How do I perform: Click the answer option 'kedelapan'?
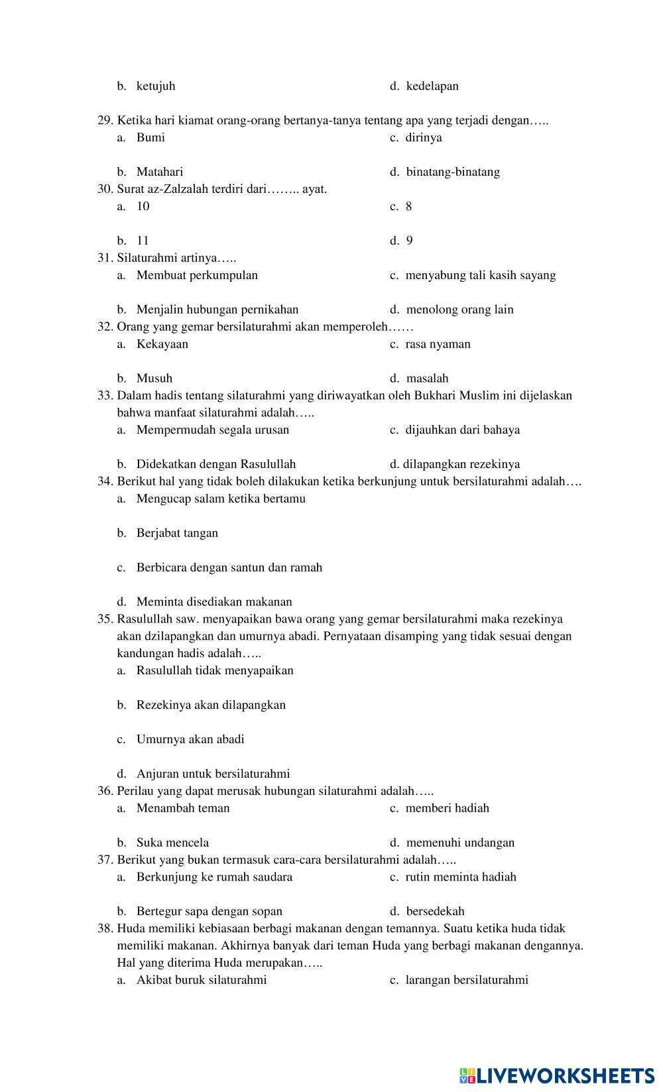[x=432, y=86]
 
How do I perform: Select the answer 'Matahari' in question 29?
[x=159, y=172]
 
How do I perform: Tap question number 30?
[x=105, y=189]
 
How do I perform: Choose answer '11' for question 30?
[x=143, y=241]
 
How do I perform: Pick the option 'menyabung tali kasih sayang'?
[x=480, y=275]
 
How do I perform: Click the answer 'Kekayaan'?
[x=162, y=344]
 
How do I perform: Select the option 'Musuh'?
[x=154, y=379]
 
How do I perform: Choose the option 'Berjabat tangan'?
[x=177, y=533]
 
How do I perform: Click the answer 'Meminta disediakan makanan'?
[x=214, y=602]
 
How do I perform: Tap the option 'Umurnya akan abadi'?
[x=190, y=739]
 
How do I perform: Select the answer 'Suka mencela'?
[x=172, y=843]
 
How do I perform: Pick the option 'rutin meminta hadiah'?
[x=461, y=877]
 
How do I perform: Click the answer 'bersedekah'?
[x=435, y=912]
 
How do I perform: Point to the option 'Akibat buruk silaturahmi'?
[x=202, y=980]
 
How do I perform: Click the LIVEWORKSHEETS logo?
[x=556, y=1075]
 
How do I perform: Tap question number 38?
[x=105, y=929]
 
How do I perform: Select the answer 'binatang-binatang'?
[x=453, y=172]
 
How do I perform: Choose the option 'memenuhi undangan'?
[x=460, y=843]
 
